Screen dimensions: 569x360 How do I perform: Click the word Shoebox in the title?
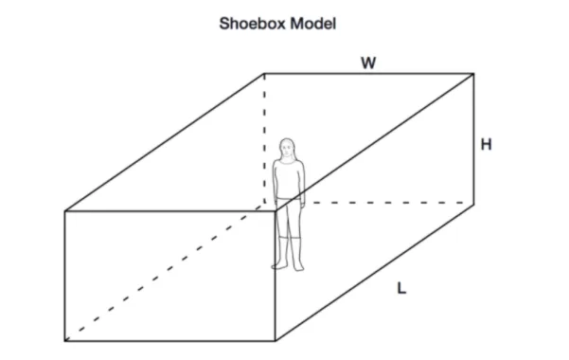[254, 24]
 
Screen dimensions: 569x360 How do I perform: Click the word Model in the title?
[313, 24]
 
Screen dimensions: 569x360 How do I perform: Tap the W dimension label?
[368, 63]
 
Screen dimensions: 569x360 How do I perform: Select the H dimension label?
[487, 145]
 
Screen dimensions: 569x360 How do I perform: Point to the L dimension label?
[401, 288]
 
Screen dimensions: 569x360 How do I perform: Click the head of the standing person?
[287, 149]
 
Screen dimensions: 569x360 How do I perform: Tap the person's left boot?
[298, 254]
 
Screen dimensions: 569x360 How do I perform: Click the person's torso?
[289, 180]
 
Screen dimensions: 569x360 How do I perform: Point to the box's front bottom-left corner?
[65, 341]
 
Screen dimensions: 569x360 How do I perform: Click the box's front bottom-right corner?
[276, 341]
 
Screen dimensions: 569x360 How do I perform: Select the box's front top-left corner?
[65, 211]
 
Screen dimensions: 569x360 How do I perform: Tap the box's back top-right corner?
[473, 74]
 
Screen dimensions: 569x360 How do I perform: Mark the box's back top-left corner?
[264, 74]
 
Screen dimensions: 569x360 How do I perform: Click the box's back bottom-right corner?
[473, 204]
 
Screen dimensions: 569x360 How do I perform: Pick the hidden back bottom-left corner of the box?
[265, 203]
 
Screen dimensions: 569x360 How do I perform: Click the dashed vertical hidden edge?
[264, 138]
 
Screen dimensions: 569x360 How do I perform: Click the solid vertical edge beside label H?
[473, 138]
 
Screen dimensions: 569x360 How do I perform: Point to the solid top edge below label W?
[368, 74]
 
